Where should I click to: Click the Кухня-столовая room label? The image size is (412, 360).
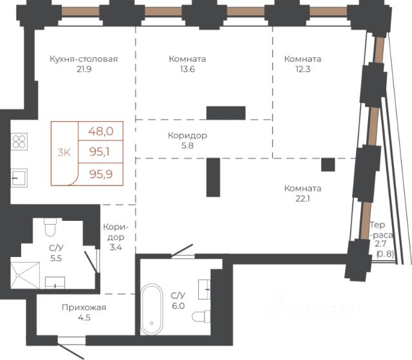point(84,59)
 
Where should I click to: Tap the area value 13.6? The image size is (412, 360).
point(187,69)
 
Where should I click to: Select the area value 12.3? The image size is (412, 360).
point(303,69)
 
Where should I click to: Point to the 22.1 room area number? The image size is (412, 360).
point(303,198)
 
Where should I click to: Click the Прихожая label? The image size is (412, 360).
point(84,307)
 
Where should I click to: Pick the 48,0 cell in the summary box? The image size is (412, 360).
point(101,131)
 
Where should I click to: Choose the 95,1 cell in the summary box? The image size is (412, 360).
point(101,151)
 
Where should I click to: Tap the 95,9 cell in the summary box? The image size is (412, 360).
point(101,175)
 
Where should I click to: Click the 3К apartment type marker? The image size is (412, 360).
point(64,152)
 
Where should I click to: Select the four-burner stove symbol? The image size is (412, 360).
point(19,142)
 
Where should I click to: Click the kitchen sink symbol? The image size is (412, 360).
point(19,178)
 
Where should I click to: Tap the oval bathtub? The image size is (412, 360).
point(152,308)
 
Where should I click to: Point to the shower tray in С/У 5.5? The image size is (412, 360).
point(25,275)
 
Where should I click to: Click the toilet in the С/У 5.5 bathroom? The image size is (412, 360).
point(50,227)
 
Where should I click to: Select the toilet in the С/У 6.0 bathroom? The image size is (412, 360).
point(201,317)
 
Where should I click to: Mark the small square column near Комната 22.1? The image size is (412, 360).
point(328,165)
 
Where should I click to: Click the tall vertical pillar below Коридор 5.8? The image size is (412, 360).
point(213,177)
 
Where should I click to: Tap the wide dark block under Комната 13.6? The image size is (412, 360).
point(226,113)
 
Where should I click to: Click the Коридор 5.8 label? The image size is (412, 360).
point(187,140)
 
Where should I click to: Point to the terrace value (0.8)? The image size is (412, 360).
point(385,254)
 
